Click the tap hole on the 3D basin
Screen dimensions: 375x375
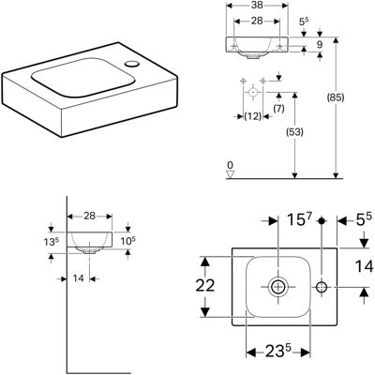[x=132, y=64]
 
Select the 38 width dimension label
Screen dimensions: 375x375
[x=257, y=5]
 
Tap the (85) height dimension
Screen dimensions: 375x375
[x=336, y=97]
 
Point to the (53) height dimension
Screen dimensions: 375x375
[x=294, y=132]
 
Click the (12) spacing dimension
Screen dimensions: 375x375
[x=252, y=116]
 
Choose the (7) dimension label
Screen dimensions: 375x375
[x=278, y=109]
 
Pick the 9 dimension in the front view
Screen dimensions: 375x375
[x=320, y=45]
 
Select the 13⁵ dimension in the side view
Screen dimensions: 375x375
[x=50, y=242]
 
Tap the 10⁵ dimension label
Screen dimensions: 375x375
[x=128, y=241]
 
